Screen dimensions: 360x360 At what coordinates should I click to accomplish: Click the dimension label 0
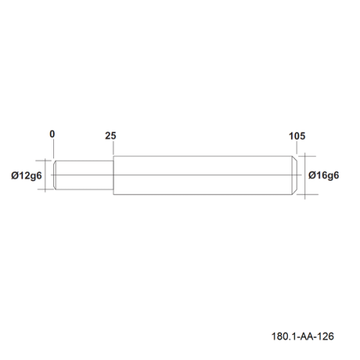(52, 134)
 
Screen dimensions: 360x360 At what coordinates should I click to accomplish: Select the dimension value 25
(110, 136)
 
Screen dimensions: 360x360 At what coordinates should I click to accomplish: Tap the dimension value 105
(297, 136)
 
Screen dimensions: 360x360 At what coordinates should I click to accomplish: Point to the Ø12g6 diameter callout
(27, 176)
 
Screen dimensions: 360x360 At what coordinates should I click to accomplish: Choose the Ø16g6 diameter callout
(323, 176)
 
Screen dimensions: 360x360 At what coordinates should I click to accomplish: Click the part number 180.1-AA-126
(302, 336)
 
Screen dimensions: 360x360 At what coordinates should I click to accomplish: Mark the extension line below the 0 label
(53, 148)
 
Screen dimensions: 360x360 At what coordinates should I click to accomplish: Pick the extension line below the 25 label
(113, 148)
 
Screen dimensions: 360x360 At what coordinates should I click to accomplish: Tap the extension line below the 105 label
(297, 148)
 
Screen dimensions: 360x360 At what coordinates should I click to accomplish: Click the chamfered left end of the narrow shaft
(55, 175)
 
